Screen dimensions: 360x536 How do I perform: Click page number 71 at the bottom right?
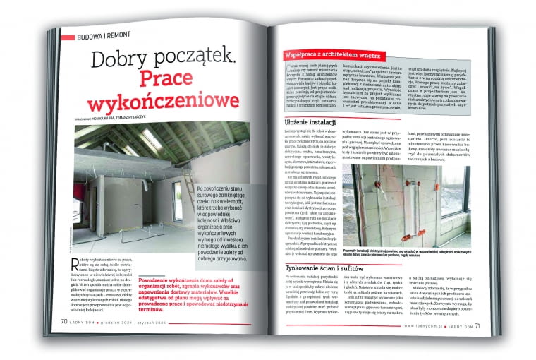click(x=477, y=325)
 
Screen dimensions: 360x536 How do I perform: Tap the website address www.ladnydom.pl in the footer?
click(x=426, y=325)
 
